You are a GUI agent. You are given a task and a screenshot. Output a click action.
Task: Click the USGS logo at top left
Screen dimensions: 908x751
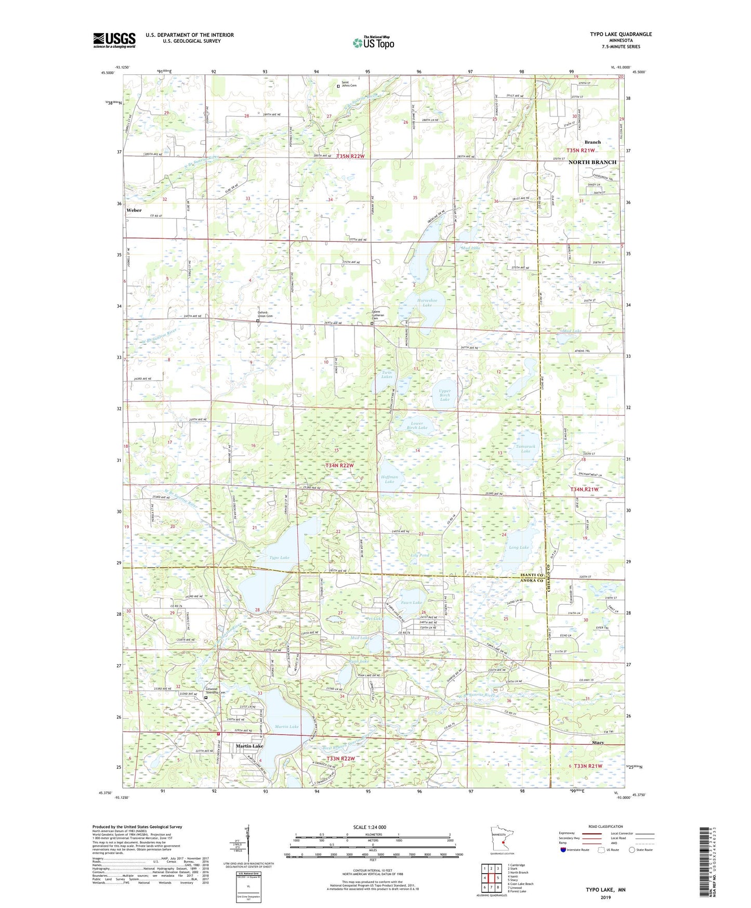[x=114, y=40]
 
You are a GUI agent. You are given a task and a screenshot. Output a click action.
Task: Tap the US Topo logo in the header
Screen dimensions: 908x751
[x=373, y=42]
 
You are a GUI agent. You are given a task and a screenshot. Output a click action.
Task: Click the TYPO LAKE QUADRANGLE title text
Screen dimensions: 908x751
[x=621, y=34]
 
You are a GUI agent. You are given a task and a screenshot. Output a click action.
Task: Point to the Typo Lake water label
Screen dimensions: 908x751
[x=279, y=557]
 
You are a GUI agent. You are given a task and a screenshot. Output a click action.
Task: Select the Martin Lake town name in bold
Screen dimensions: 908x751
[x=249, y=746]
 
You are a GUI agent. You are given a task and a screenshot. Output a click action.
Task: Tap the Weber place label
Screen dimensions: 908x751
[x=134, y=210]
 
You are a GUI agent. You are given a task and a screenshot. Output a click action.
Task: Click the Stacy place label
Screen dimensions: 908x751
[x=598, y=743]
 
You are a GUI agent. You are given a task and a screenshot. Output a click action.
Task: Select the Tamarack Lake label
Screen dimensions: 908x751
[x=525, y=448]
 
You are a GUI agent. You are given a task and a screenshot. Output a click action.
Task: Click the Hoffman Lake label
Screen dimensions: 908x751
[x=389, y=479]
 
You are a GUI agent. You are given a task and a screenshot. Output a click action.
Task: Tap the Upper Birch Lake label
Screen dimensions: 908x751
[x=445, y=395]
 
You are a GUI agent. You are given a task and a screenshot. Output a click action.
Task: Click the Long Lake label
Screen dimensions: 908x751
[x=519, y=547]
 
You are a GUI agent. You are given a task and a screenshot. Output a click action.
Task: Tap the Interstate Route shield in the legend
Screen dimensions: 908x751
[x=564, y=850]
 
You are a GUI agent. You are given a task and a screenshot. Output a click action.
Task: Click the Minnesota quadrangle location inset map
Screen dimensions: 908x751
[x=502, y=839]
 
